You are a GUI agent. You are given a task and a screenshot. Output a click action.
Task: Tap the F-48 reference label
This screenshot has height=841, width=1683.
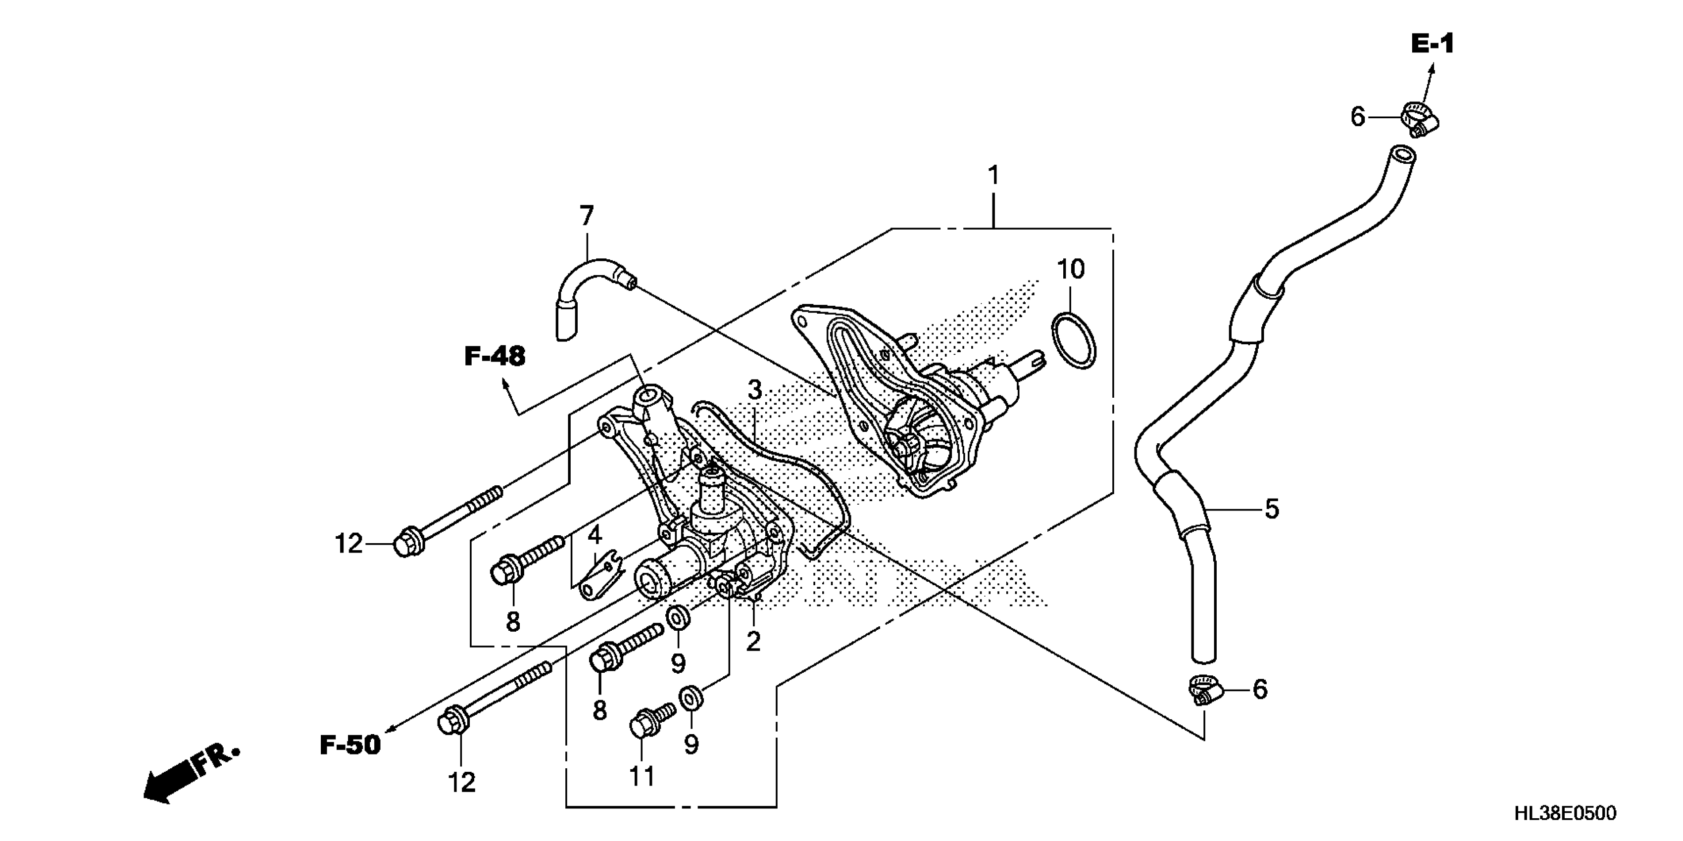tap(495, 357)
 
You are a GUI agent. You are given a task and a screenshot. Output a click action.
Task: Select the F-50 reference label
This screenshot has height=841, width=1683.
tap(350, 745)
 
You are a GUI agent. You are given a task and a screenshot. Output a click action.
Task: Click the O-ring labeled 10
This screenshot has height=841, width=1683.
tap(1074, 341)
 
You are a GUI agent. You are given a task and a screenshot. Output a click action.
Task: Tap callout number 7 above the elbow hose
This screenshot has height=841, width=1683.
tap(586, 216)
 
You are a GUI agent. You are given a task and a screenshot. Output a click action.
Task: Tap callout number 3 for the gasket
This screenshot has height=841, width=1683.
tap(754, 390)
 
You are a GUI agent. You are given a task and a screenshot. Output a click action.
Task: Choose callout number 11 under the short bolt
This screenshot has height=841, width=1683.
tap(642, 776)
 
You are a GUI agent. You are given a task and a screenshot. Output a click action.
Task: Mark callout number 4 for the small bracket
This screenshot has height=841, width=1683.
tap(594, 535)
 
